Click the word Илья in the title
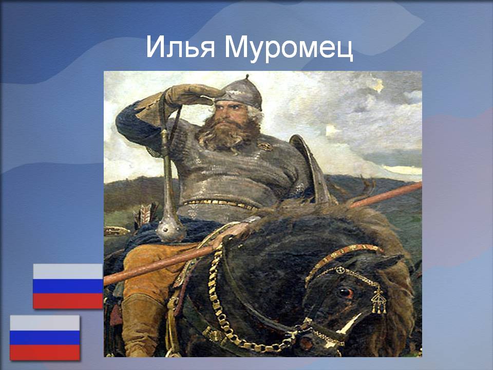point(180,47)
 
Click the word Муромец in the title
point(289,48)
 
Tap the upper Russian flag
point(68,286)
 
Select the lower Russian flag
point(45,338)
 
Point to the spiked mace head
point(170,229)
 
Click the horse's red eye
point(345,293)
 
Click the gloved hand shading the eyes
point(192,95)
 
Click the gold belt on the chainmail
point(220,203)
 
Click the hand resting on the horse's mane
point(233,232)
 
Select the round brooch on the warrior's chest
point(265,146)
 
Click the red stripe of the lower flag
point(45,353)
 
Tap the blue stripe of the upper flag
point(68,286)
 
